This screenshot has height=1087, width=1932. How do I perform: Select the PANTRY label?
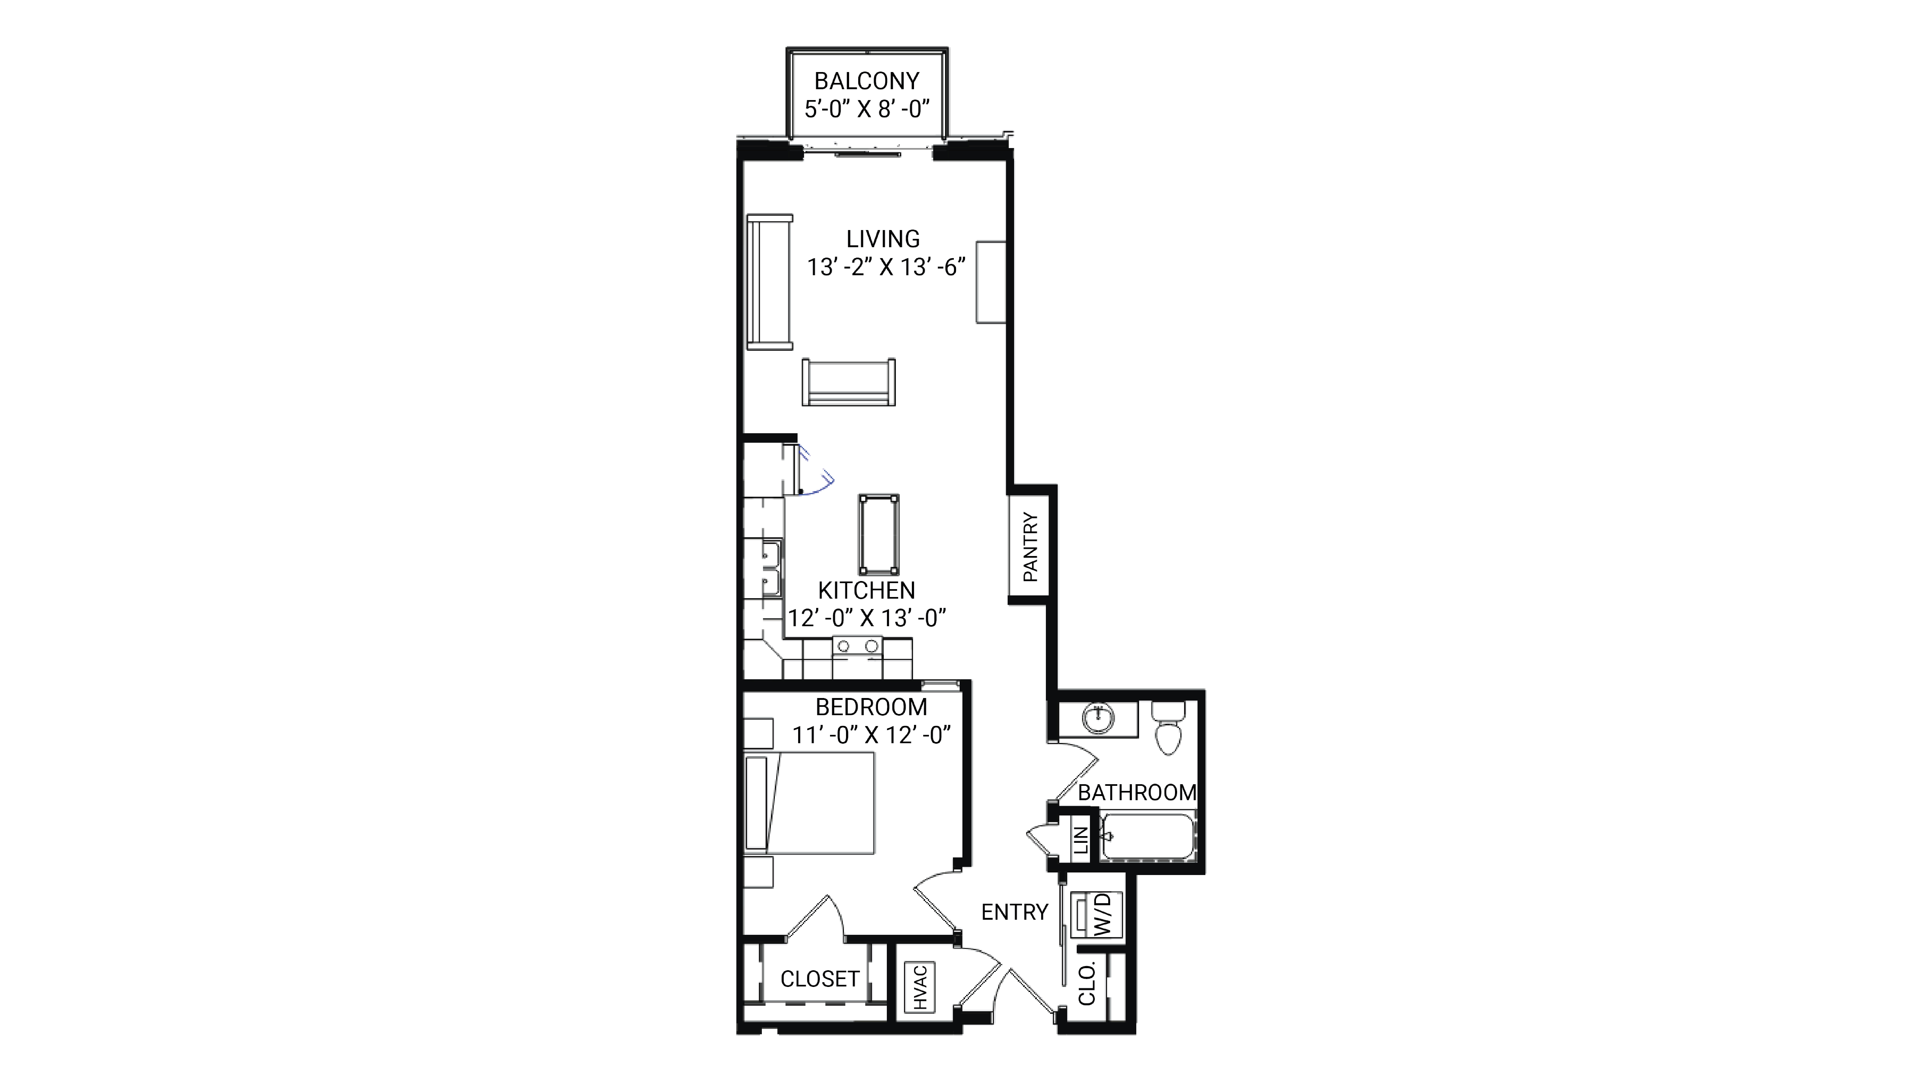[1031, 547]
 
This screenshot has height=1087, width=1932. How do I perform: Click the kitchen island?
[879, 534]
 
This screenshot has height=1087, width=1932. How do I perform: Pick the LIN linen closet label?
[1080, 840]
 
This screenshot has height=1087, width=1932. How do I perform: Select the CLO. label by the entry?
[1087, 983]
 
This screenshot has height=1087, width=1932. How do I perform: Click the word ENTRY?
[1014, 912]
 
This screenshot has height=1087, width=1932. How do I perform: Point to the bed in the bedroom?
[810, 803]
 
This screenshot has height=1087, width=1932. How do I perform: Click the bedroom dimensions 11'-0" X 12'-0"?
[872, 735]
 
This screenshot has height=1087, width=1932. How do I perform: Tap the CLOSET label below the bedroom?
[819, 979]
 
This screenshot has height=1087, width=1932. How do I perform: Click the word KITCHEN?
[866, 591]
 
